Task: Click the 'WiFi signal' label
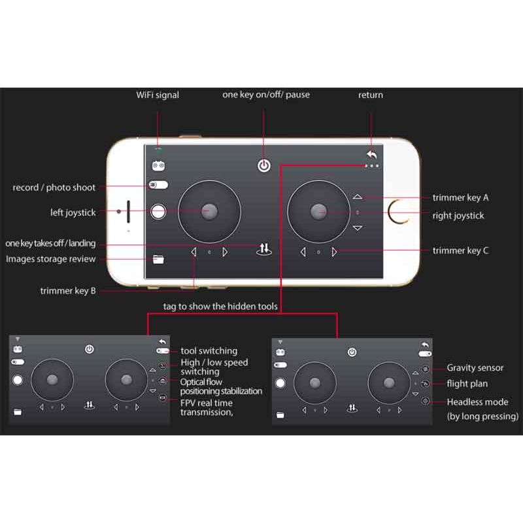[157, 95]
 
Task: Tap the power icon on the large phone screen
[263, 165]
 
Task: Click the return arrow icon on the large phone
[372, 155]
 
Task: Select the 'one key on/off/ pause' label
[266, 95]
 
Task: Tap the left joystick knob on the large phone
[209, 211]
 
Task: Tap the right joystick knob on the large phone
[319, 211]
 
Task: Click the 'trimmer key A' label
[460, 197]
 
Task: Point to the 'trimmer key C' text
[460, 250]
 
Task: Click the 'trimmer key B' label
[68, 291]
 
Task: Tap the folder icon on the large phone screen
[158, 260]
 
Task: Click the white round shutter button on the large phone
[158, 211]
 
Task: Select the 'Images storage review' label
[51, 260]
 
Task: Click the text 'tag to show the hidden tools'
[220, 306]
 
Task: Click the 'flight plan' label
[467, 384]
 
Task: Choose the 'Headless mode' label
[477, 402]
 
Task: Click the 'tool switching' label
[209, 351]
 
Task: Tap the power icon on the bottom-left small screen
[90, 349]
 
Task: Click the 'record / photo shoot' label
[54, 188]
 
